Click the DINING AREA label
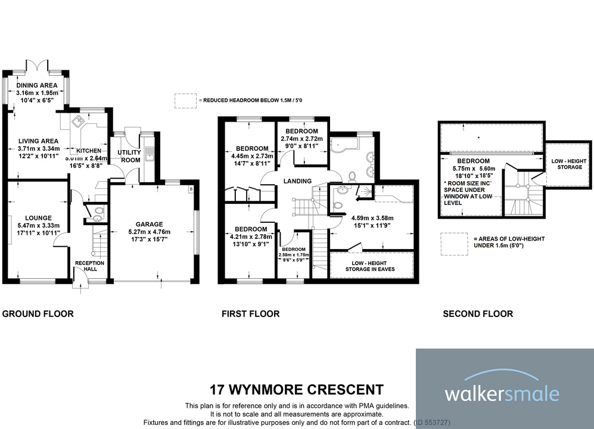pyautogui.click(x=37, y=85)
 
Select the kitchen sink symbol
pyautogui.click(x=79, y=123)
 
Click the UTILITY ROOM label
pyautogui.click(x=129, y=156)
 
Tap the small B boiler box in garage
pyautogui.click(x=191, y=190)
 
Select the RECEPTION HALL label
pyautogui.click(x=90, y=266)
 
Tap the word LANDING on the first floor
pyautogui.click(x=297, y=181)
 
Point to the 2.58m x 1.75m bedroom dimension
pyautogui.click(x=293, y=255)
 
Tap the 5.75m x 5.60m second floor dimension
pyautogui.click(x=473, y=169)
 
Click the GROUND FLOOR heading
pyautogui.click(x=38, y=313)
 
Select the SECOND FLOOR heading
pyautogui.click(x=477, y=313)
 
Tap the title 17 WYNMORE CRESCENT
pyautogui.click(x=297, y=390)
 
